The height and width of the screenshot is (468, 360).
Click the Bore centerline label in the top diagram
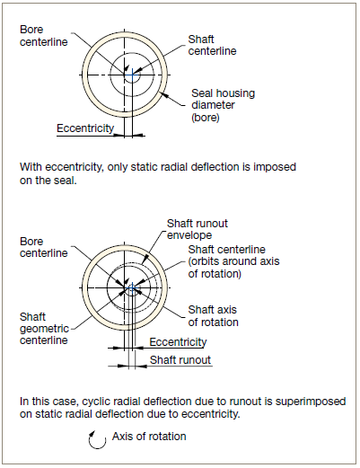(x=44, y=36)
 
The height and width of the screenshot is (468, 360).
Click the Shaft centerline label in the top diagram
(x=212, y=45)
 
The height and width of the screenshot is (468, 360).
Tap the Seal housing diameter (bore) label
(x=223, y=105)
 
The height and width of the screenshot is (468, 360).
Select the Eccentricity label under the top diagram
(x=85, y=128)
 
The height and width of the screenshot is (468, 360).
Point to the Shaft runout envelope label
(x=198, y=229)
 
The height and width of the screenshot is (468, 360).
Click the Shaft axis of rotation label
(x=213, y=316)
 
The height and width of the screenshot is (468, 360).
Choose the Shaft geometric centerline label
(x=44, y=329)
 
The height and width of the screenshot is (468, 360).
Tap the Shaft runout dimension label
(x=180, y=360)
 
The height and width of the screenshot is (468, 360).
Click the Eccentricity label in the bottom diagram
(x=178, y=342)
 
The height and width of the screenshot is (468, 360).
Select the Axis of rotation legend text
(x=149, y=437)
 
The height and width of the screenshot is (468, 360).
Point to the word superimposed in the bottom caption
(x=311, y=402)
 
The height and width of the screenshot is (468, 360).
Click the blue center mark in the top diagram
(x=132, y=75)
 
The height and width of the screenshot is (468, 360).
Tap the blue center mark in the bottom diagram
(x=132, y=288)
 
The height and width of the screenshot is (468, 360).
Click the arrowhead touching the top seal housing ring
(x=163, y=95)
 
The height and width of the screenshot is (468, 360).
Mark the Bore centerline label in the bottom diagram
(x=44, y=247)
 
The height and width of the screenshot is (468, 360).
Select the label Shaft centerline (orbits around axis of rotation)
(x=233, y=261)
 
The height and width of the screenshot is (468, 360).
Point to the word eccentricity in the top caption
(x=74, y=167)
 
